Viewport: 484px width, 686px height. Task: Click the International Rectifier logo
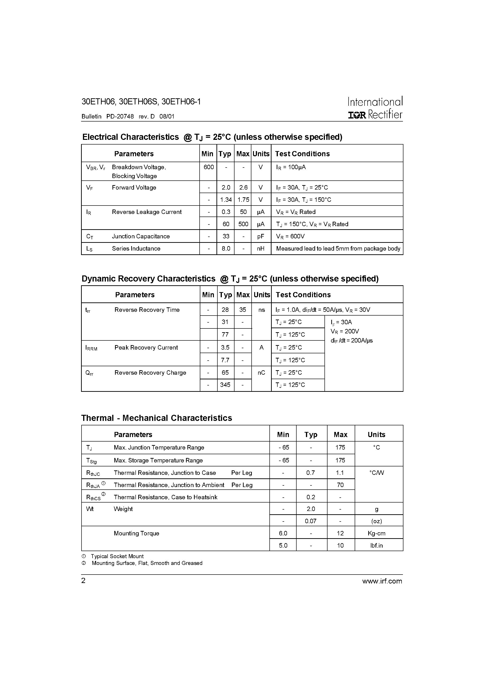(375, 108)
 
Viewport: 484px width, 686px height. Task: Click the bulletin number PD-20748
(120, 117)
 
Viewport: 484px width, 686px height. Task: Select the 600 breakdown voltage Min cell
(208, 167)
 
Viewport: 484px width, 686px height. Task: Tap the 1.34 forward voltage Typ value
(226, 200)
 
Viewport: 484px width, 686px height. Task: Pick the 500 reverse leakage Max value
(243, 224)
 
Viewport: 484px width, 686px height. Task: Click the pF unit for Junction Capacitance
(261, 236)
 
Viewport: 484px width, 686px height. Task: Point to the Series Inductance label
(136, 249)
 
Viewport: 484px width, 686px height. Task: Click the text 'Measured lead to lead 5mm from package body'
(338, 249)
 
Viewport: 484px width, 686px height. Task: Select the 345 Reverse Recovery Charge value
(225, 385)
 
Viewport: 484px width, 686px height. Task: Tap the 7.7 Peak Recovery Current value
(225, 360)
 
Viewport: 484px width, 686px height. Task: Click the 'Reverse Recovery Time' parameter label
(147, 310)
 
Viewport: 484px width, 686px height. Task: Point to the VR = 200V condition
(345, 331)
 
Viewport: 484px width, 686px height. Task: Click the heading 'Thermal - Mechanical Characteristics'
(157, 418)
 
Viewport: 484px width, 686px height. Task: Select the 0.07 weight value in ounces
(311, 521)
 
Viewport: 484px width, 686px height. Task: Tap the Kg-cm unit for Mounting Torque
(376, 533)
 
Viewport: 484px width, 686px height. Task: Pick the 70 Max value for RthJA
(340, 485)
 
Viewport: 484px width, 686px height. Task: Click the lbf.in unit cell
(376, 545)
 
